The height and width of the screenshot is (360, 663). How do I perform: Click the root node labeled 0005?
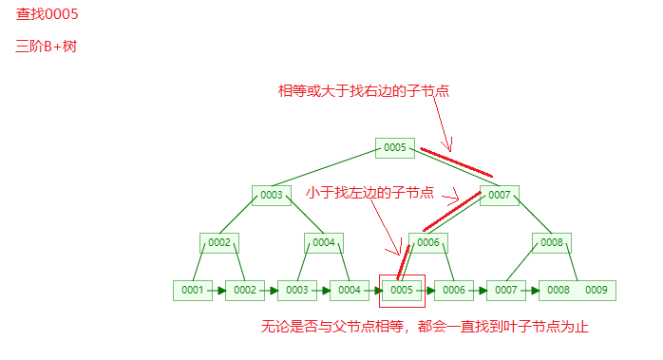(x=395, y=147)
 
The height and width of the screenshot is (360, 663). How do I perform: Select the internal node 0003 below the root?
(x=272, y=195)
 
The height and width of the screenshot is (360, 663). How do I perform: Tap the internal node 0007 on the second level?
(x=500, y=195)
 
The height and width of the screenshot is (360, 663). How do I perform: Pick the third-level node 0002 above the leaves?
(x=219, y=242)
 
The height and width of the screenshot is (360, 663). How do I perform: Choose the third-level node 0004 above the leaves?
(x=324, y=242)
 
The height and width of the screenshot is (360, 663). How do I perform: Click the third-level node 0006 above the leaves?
(x=428, y=242)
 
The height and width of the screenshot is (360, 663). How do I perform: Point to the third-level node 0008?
(x=552, y=242)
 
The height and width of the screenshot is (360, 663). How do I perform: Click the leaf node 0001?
(x=193, y=290)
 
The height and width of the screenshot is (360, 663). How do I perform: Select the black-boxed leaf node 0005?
(x=402, y=290)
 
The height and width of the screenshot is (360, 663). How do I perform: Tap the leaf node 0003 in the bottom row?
(x=297, y=290)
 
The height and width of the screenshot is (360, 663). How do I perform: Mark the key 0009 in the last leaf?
(x=597, y=290)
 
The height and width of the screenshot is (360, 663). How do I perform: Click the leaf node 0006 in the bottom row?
(x=454, y=290)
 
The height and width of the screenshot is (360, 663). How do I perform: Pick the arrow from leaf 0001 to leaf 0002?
(x=219, y=290)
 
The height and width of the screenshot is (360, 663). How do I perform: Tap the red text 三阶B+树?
(x=46, y=47)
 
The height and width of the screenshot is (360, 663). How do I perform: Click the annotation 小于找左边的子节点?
(x=369, y=193)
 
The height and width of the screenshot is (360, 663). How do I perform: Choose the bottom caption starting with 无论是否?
(x=425, y=328)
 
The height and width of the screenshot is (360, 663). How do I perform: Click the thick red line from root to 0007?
(x=457, y=162)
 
